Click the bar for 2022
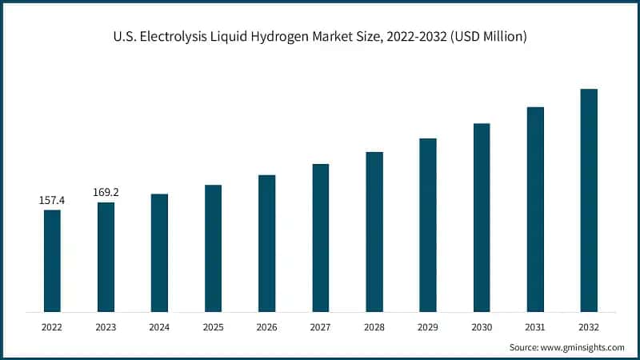click(x=52, y=261)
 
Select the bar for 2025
click(x=213, y=248)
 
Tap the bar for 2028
click(x=374, y=231)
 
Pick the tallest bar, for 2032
click(x=589, y=200)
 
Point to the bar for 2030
click(x=482, y=217)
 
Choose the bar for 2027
click(x=321, y=238)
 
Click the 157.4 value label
click(x=52, y=201)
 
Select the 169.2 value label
click(x=106, y=193)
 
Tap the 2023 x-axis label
click(x=106, y=327)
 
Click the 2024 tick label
click(x=159, y=327)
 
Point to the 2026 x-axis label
click(x=266, y=327)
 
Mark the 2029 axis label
click(x=428, y=327)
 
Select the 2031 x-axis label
click(x=535, y=327)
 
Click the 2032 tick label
click(x=589, y=327)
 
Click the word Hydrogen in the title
click(x=275, y=38)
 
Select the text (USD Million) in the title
click(x=486, y=38)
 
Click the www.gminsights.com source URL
click(x=582, y=347)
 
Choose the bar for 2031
click(x=535, y=209)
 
